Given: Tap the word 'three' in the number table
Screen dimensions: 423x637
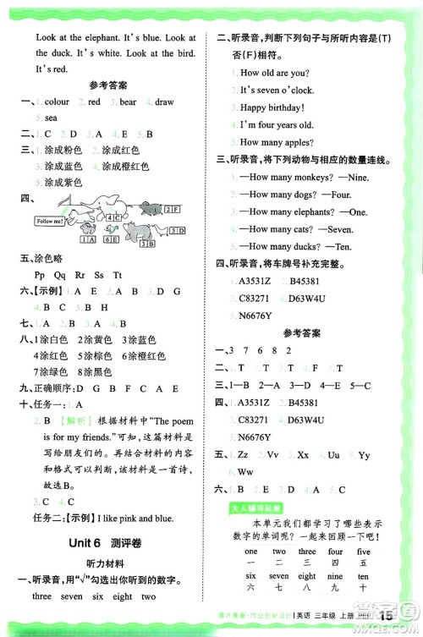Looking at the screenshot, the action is [x=306, y=552].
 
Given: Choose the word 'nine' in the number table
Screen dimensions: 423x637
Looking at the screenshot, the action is [x=335, y=576].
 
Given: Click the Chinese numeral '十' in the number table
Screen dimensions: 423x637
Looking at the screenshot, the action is [x=363, y=586].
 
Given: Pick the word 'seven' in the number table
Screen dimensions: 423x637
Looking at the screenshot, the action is [x=278, y=576].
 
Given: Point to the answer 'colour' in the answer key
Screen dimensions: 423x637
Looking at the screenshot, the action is [x=56, y=102].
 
